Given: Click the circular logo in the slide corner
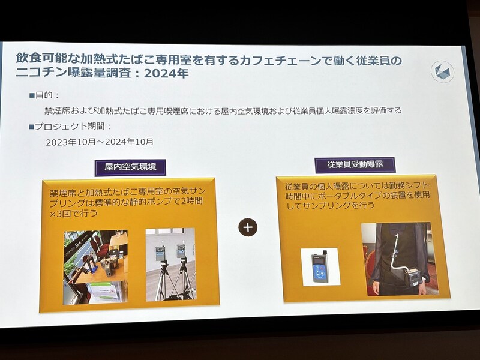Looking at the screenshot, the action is point(442,71).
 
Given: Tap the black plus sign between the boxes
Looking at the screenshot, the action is point(248,227).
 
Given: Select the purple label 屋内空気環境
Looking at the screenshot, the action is point(130,167).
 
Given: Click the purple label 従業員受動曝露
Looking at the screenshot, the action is point(355,164).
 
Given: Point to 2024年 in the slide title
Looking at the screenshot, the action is point(166,73).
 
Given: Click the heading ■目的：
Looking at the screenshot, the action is point(44,95).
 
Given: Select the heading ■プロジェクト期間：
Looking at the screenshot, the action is point(70,126).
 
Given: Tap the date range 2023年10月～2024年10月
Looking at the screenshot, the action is point(100,142).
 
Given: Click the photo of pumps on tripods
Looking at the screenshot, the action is point(170,265).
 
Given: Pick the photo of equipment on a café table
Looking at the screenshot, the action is point(95,267).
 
